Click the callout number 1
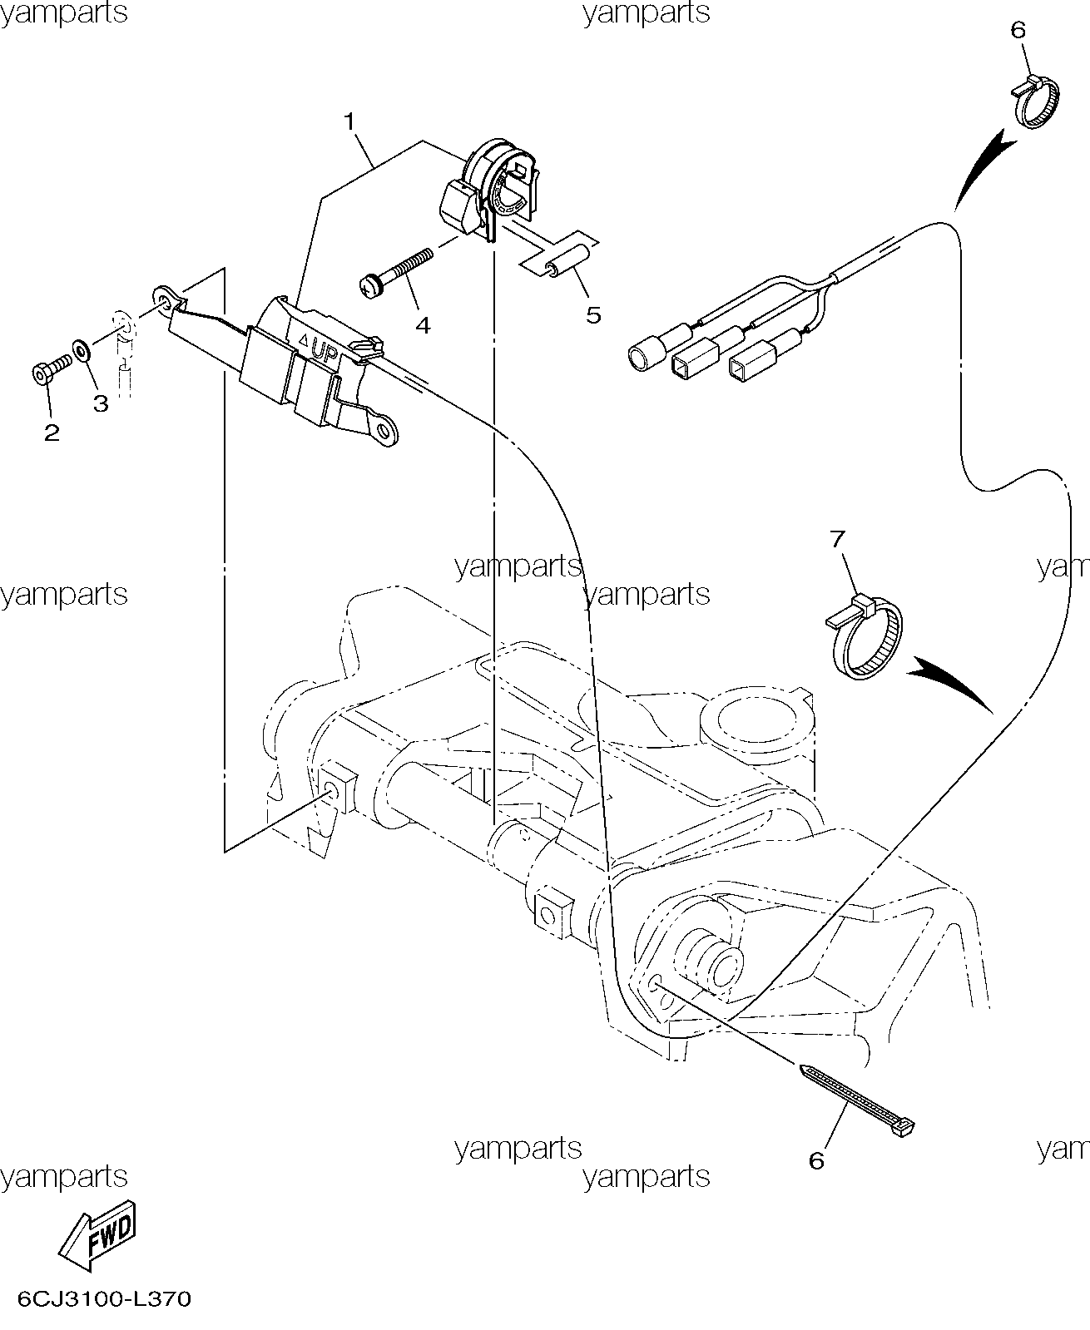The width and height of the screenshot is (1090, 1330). pos(350,121)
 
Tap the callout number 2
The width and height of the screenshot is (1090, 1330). pos(52,433)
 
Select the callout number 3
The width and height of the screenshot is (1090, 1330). pos(101,403)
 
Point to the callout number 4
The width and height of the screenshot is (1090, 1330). pos(423,325)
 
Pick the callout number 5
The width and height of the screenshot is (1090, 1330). pos(593,314)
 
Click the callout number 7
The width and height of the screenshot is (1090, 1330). pos(837,539)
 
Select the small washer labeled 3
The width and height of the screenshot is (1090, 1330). pos(81,349)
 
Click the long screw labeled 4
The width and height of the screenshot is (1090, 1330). pos(395,273)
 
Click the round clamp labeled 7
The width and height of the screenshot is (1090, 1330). pos(865,637)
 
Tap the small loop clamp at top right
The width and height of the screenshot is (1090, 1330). pos(1035,101)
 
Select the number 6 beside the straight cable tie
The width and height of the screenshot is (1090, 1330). pos(816,1161)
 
